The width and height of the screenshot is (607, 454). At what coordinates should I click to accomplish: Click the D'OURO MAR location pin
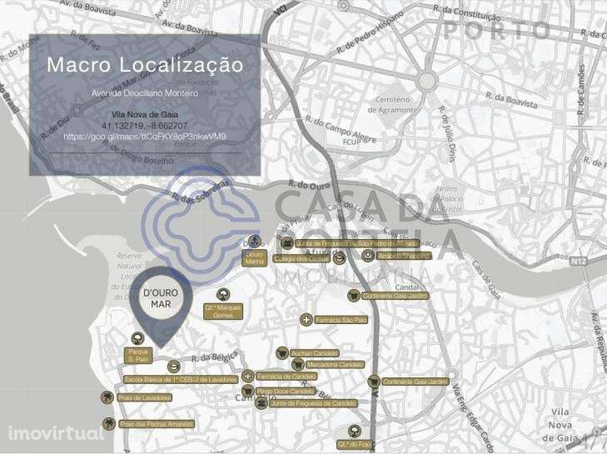pyautogui.click(x=161, y=301)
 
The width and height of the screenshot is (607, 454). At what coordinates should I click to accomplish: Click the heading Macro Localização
pyautogui.click(x=145, y=65)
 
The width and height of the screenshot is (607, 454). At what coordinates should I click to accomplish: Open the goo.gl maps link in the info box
pyautogui.click(x=145, y=136)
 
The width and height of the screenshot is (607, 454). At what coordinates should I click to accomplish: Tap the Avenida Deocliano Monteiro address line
pyautogui.click(x=145, y=92)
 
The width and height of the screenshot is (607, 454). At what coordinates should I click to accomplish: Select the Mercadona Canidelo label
pyautogui.click(x=335, y=365)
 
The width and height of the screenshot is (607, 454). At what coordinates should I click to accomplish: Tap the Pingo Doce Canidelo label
pyautogui.click(x=286, y=391)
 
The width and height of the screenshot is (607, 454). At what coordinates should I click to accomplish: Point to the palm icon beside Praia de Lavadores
pyautogui.click(x=107, y=398)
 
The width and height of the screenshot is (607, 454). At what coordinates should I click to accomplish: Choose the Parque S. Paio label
pyautogui.click(x=138, y=356)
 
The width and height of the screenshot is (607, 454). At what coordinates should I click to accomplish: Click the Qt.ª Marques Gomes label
pyautogui.click(x=223, y=311)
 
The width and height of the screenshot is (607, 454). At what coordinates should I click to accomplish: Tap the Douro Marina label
pyautogui.click(x=255, y=257)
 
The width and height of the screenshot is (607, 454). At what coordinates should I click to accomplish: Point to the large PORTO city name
pyautogui.click(x=496, y=30)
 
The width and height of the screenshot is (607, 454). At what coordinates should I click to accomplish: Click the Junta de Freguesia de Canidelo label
pyautogui.click(x=313, y=403)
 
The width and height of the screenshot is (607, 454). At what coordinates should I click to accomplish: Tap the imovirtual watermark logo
pyautogui.click(x=55, y=433)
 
